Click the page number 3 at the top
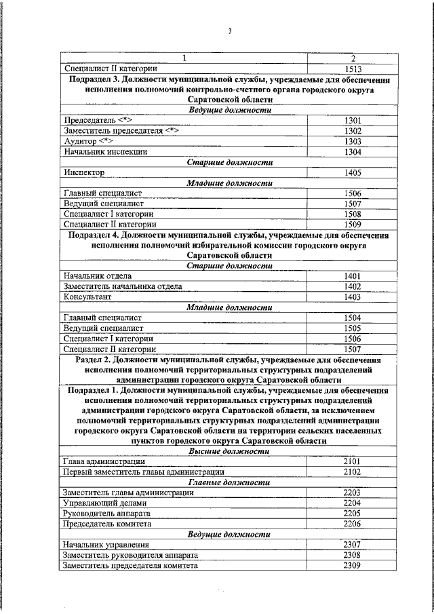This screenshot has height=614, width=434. coord(230,31)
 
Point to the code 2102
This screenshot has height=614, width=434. coord(352,472)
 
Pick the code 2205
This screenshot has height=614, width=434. coord(352,514)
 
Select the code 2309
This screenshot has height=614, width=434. coord(352,565)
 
